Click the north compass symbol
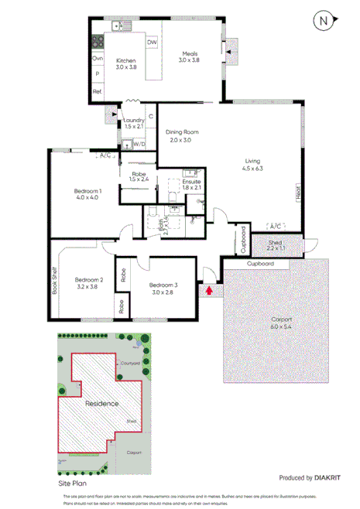coord(323,21)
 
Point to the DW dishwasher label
coord(152,43)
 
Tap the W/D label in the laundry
coord(139,145)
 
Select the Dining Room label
coord(183,132)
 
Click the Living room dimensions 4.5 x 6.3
coord(253,168)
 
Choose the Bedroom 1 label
coord(87,190)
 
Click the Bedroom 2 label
coord(89,279)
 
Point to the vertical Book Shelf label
coord(55,280)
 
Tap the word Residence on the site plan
coord(101,403)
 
